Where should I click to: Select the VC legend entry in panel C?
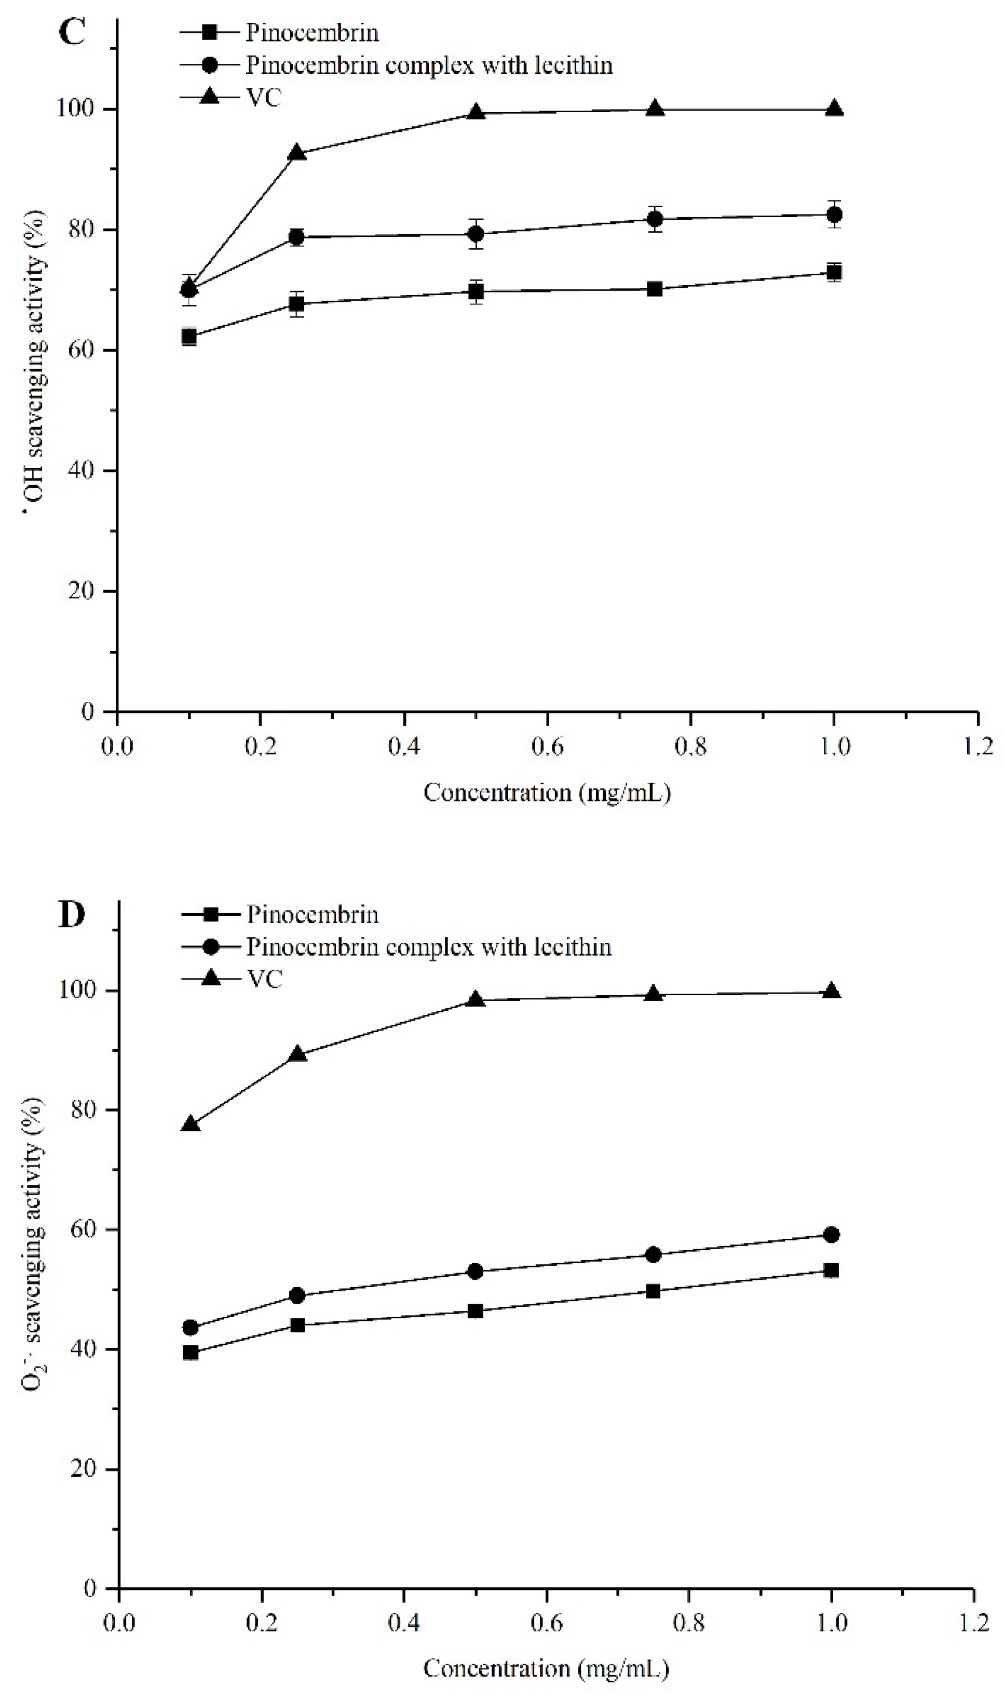click(263, 98)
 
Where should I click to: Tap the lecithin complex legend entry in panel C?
click(428, 65)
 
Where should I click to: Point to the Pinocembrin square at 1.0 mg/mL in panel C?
click(834, 273)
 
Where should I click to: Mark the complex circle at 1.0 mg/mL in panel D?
click(832, 1235)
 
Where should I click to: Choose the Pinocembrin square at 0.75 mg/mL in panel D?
click(654, 1291)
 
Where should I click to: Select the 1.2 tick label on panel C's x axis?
click(977, 747)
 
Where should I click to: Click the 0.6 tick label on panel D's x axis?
click(546, 1622)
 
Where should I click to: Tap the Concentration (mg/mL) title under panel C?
click(547, 793)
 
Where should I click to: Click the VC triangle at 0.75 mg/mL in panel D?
click(653, 994)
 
